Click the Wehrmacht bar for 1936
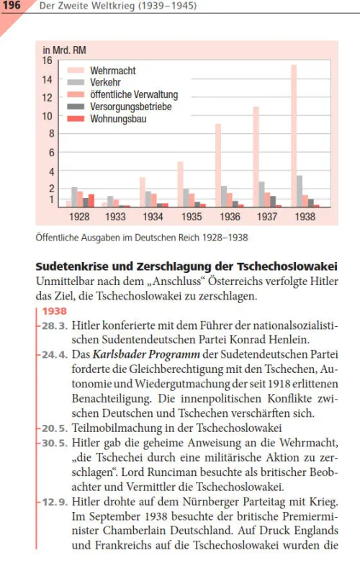tap(218, 166)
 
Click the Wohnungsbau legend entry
tap(117, 119)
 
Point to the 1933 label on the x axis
tap(116, 217)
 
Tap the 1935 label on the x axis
tap(191, 217)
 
